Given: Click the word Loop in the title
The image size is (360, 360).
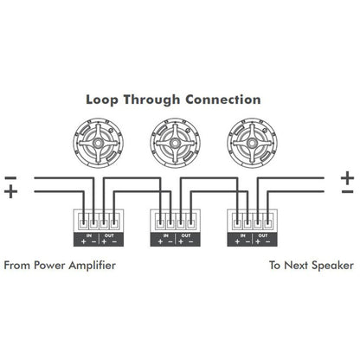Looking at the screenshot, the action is (102, 100).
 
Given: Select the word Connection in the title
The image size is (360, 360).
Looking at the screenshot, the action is (223, 100).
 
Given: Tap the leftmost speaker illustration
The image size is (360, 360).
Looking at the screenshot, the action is (98, 143).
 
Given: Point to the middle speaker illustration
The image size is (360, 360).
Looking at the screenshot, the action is (175, 143).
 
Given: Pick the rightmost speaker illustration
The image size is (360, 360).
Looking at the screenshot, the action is (252, 143).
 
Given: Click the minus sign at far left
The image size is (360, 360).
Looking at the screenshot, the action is (11, 178).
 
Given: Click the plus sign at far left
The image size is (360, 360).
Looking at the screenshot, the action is (11, 191).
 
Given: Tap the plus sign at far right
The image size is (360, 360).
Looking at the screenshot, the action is (347, 177).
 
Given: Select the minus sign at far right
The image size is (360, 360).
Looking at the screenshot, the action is (347, 191).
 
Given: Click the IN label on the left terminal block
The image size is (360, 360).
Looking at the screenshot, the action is (89, 235).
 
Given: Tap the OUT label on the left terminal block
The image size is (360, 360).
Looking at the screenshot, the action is (109, 235).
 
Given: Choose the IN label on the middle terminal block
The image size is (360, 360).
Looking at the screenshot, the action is (166, 235).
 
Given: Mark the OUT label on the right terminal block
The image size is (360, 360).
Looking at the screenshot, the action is (263, 235).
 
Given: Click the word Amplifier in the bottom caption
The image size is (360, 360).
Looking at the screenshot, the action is (92, 266).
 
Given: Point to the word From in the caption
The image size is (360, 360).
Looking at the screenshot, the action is (17, 266).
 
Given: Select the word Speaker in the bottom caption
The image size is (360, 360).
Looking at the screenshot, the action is (332, 266).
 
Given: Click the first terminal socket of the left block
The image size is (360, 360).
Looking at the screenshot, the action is (83, 223).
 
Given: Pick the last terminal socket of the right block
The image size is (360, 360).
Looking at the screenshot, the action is (268, 223).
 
